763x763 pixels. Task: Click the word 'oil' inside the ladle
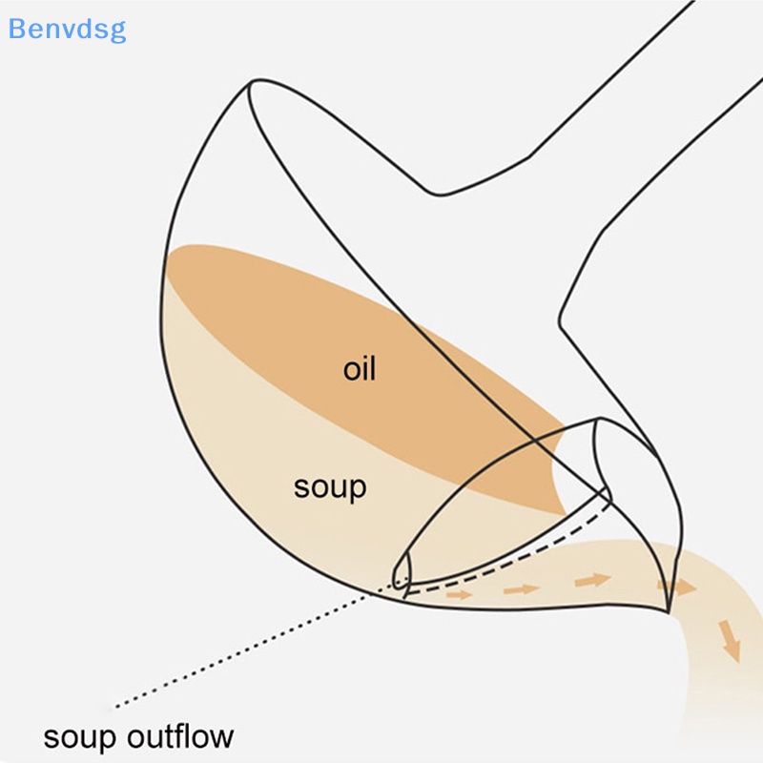(x=360, y=368)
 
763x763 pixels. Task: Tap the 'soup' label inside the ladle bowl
(x=330, y=486)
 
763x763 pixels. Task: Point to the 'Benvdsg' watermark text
(x=67, y=29)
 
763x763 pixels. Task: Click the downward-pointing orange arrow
(x=730, y=640)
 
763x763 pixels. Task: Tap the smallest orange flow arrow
(x=460, y=594)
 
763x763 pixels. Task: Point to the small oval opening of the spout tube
(x=402, y=569)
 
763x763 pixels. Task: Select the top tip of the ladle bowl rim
(x=251, y=84)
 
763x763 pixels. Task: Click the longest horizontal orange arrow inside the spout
(x=591, y=579)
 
